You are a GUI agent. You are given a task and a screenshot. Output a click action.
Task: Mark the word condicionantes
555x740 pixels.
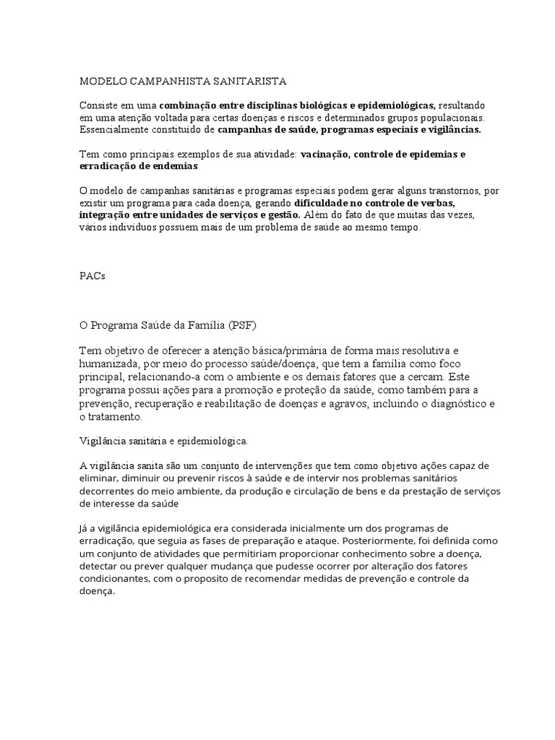(x=115, y=578)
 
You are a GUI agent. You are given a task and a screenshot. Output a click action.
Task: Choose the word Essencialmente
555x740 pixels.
(x=115, y=129)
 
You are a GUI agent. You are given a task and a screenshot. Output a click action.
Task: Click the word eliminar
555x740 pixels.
(x=98, y=478)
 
